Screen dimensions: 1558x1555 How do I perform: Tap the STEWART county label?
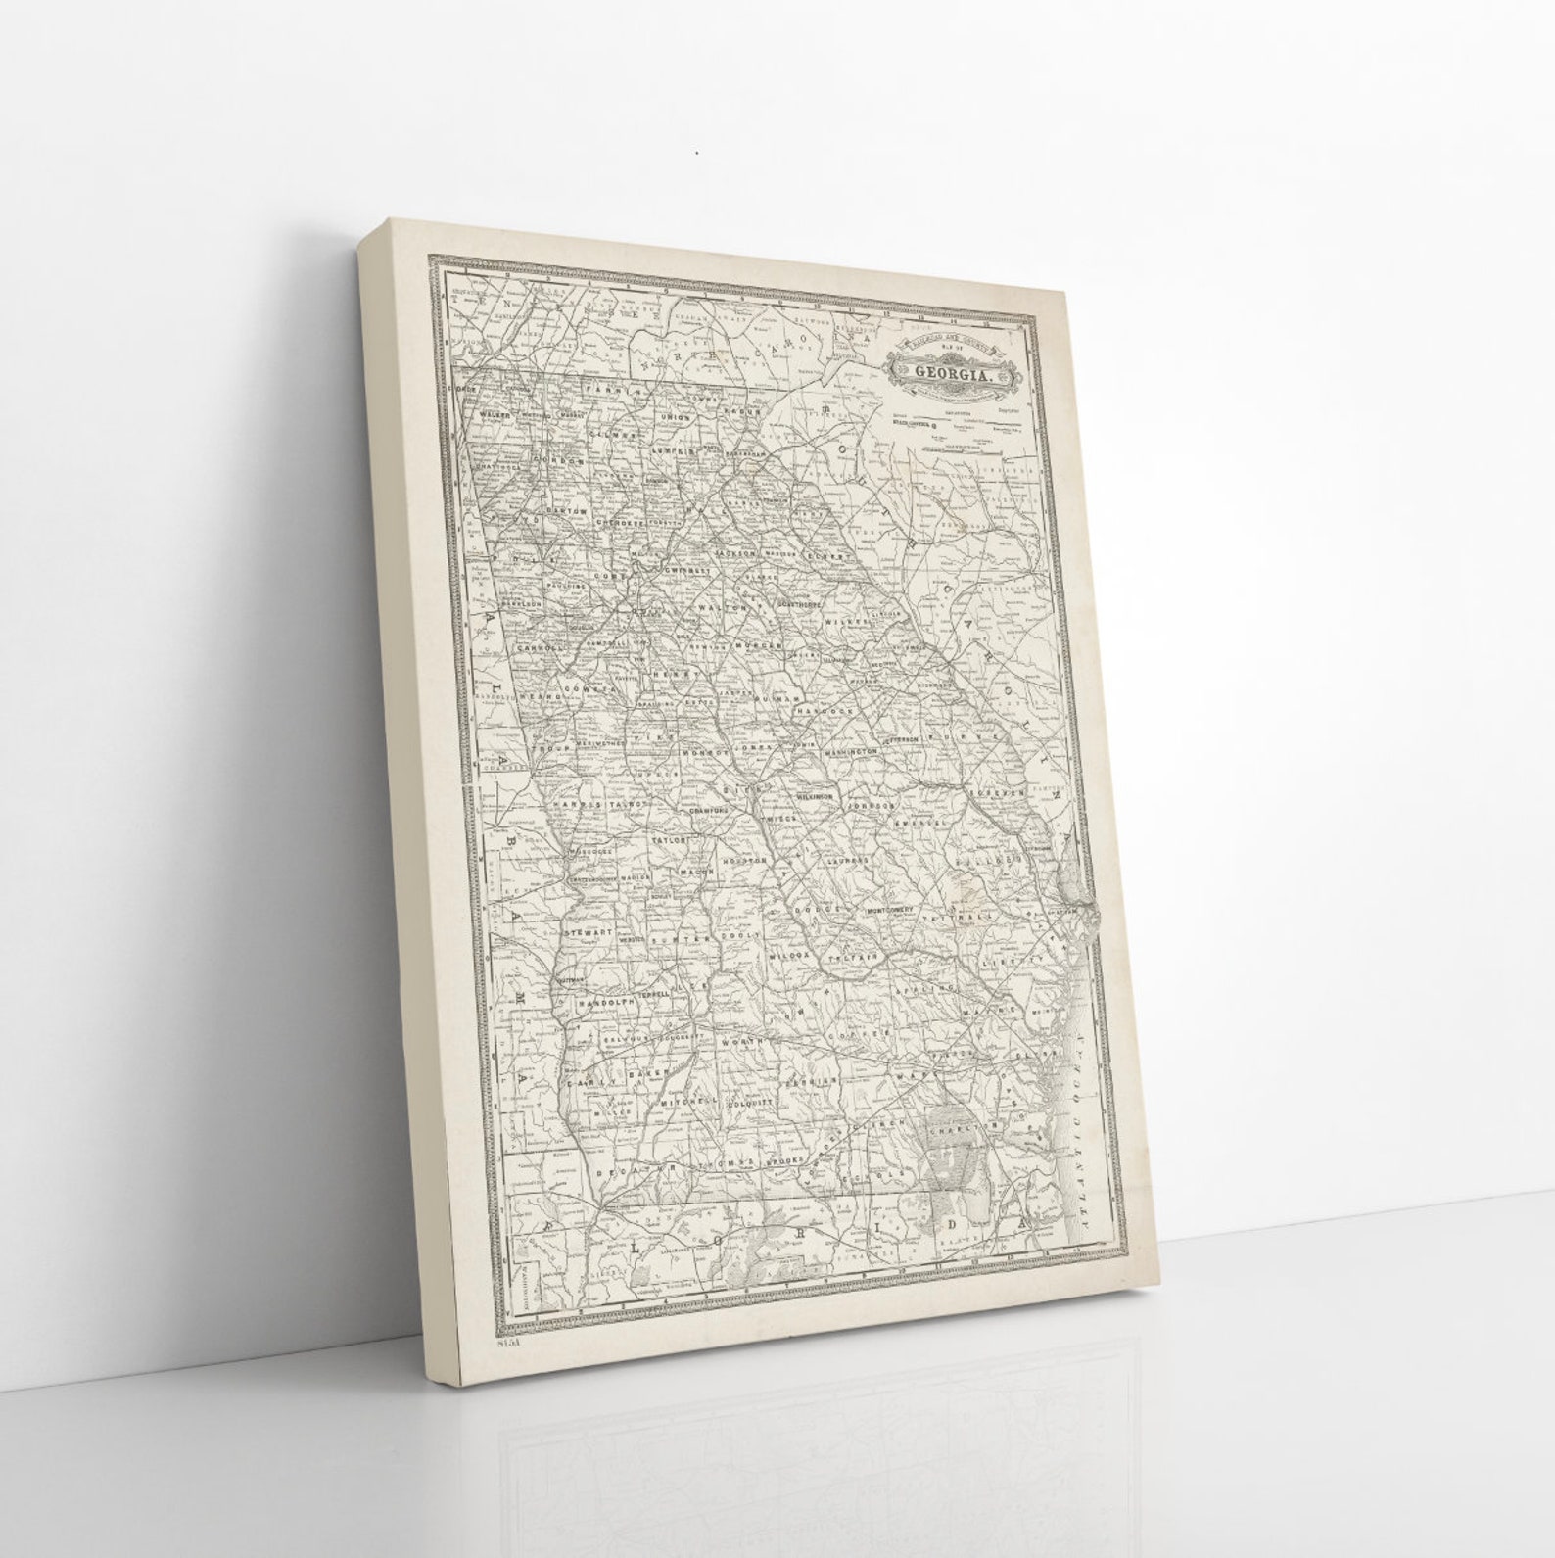pyautogui.click(x=588, y=933)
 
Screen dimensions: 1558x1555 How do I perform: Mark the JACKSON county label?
pyautogui.click(x=735, y=553)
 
